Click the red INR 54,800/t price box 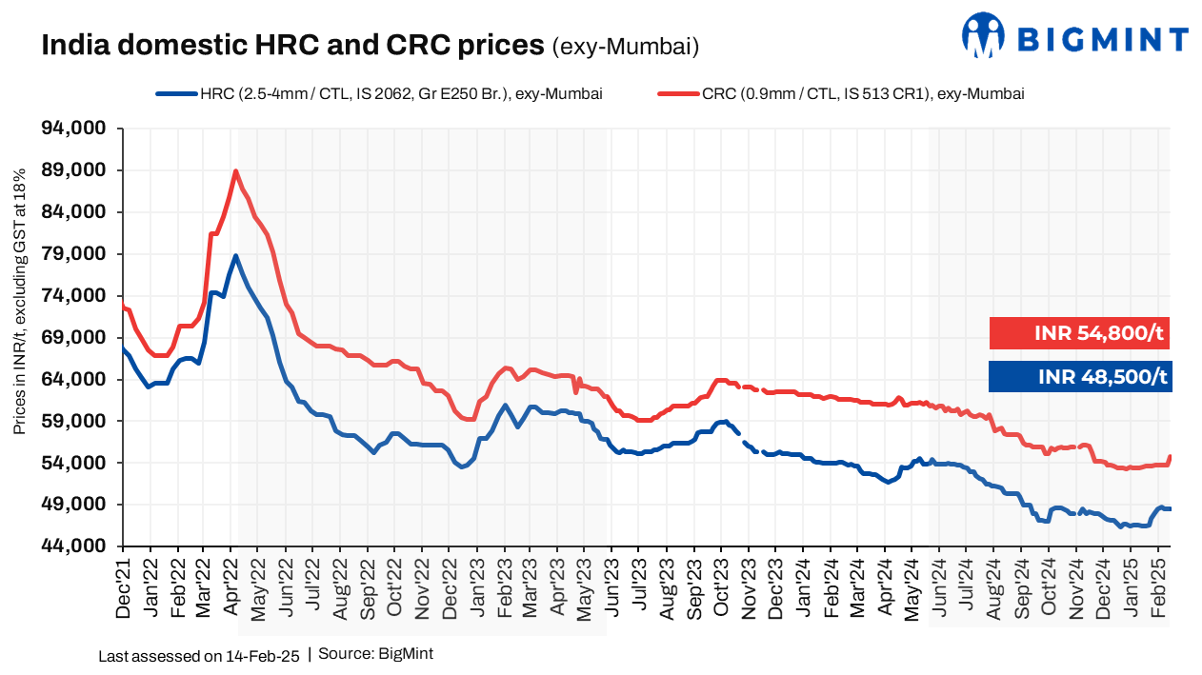click(x=1079, y=333)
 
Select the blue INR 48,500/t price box click(x=1079, y=376)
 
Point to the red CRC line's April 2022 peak click(x=235, y=171)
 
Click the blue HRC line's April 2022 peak click(x=235, y=255)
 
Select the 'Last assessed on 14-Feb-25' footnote click(x=199, y=656)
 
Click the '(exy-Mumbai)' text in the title click(x=626, y=45)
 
